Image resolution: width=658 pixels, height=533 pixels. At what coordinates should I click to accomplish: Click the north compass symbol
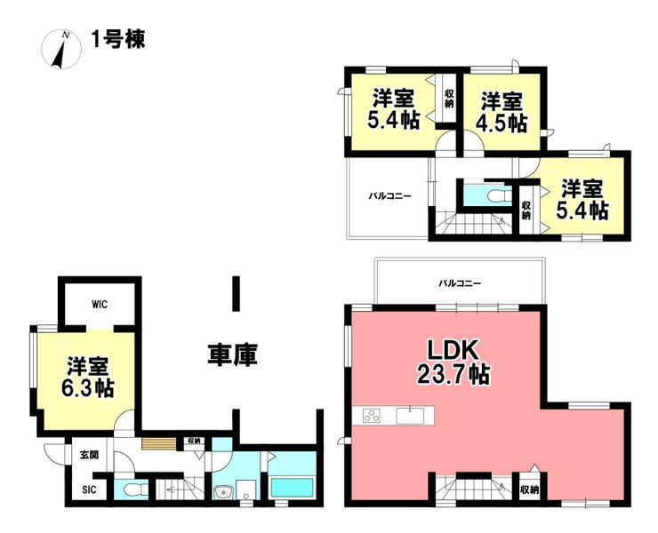tap(61, 49)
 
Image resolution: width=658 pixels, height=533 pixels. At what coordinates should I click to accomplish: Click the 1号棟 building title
tap(118, 40)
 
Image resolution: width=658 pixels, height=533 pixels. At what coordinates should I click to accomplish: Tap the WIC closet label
tap(100, 305)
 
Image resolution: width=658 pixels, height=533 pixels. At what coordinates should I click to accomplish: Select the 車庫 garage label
tap(232, 355)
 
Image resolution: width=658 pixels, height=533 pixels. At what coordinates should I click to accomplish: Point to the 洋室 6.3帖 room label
tap(88, 377)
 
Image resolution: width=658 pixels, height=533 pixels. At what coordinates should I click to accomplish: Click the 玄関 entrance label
tap(90, 455)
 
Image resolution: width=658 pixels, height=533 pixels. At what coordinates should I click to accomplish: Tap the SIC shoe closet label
tap(89, 489)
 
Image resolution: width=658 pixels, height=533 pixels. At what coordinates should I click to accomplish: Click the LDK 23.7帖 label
tap(453, 362)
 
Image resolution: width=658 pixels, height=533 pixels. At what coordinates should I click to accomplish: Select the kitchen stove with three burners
tap(372, 416)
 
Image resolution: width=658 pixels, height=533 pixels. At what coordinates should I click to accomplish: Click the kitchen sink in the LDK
tap(411, 416)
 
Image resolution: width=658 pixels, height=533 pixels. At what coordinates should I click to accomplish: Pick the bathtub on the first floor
tap(293, 487)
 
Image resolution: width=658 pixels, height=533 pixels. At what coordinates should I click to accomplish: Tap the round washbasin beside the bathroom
tap(223, 492)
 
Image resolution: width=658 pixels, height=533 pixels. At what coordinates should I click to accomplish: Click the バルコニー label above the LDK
tap(460, 283)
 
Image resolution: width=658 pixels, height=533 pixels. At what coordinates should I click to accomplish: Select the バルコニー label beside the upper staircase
tap(389, 195)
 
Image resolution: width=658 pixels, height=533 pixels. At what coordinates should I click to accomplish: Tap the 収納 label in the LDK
tap(530, 489)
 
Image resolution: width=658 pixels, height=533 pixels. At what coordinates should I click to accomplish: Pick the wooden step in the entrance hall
tap(159, 443)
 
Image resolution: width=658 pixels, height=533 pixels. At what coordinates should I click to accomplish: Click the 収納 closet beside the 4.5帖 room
tap(449, 99)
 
